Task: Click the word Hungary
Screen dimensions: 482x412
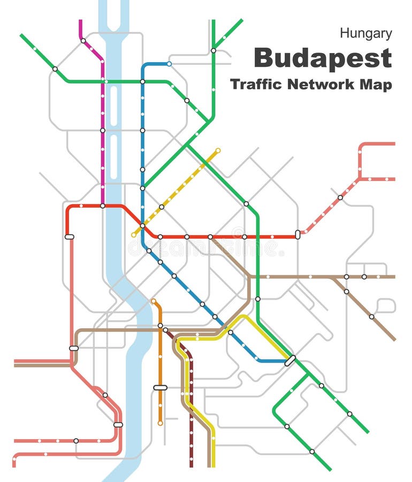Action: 366,33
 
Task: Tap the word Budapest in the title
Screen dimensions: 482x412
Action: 323,58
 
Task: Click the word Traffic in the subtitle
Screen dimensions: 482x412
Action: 256,85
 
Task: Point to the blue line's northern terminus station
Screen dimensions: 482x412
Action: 169,64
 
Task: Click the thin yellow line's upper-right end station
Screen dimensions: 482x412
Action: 218,150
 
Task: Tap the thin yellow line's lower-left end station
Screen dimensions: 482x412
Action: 134,235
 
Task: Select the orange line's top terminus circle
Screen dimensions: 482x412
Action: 154,301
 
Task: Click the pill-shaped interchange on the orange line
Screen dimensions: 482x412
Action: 160,387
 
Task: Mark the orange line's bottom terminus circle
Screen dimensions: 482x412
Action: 160,423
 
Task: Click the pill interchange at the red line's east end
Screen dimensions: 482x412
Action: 297,234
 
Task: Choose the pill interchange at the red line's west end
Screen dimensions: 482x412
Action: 69,236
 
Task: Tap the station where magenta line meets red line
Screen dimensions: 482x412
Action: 102,206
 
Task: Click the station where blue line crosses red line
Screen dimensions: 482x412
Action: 143,226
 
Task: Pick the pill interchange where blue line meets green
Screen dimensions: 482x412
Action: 290,360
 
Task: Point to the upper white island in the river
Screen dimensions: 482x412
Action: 113,106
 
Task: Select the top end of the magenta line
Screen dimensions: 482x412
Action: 81,21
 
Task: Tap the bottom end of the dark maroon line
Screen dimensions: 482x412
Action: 191,465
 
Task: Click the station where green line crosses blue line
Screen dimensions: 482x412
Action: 143,81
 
